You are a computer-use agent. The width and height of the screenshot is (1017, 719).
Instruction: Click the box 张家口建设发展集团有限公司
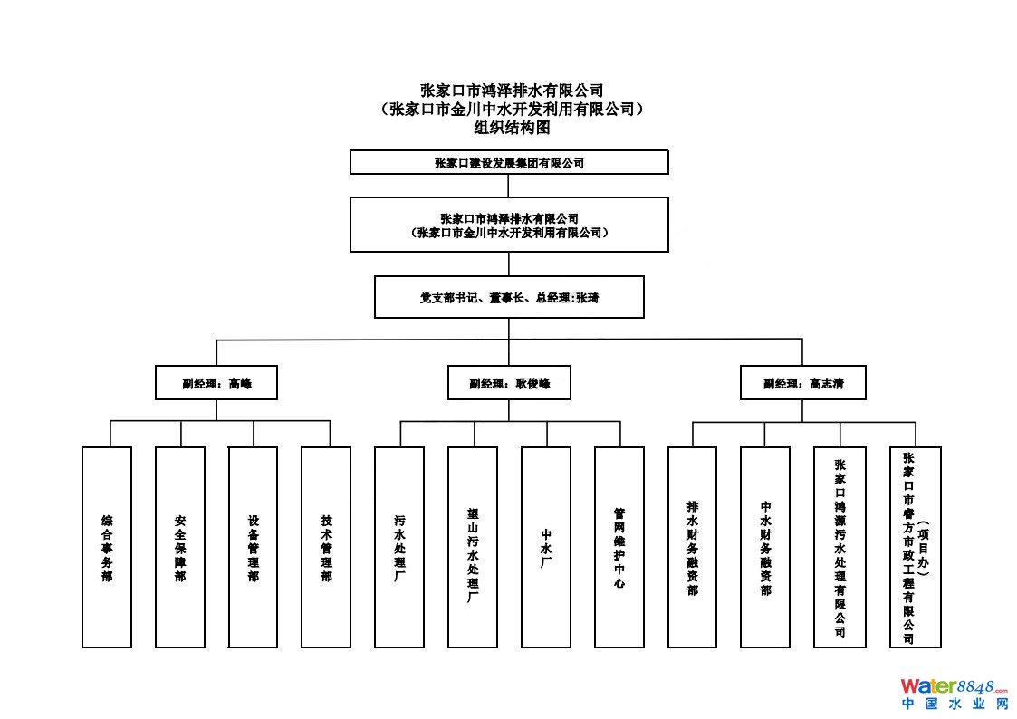pos(509,163)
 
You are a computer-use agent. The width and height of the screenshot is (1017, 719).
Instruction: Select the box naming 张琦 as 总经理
pos(509,297)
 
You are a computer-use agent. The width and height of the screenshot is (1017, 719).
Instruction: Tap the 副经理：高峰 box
pos(216,383)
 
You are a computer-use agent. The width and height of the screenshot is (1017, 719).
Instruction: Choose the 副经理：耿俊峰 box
pos(509,383)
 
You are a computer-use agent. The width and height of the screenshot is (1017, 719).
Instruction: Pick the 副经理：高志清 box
pos(802,383)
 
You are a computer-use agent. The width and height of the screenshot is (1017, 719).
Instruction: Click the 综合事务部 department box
pos(107,547)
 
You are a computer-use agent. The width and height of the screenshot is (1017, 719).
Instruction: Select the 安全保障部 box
pos(180,547)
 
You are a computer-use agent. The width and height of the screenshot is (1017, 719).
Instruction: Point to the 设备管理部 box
pos(254,547)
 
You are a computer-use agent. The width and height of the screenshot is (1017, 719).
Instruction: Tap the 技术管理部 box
pos(326,547)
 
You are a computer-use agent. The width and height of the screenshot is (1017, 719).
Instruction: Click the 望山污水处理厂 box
pos(473,547)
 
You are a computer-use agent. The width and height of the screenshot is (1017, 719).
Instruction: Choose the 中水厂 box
pos(546,547)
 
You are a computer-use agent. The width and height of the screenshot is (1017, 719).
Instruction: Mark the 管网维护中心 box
pos(619,547)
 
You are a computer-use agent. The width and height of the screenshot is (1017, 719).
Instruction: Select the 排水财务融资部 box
pos(693,547)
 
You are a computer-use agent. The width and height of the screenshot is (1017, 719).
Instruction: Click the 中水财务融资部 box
pos(765,547)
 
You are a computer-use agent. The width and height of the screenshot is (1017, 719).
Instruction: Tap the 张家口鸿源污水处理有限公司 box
pos(840,547)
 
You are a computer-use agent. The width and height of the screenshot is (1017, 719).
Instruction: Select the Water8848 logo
pos(953,686)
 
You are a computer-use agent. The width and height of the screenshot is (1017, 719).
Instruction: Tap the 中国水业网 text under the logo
pos(954,704)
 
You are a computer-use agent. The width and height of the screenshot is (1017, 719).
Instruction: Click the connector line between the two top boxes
pos(509,186)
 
